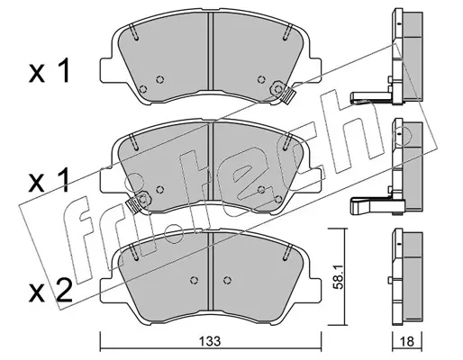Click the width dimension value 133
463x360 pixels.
pyautogui.click(x=211, y=341)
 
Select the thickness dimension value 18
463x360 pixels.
pyautogui.click(x=407, y=341)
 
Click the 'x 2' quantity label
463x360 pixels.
pyautogui.click(x=50, y=291)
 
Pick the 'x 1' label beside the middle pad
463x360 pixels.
pyautogui.click(x=50, y=181)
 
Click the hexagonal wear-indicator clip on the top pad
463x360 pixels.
pyautogui.click(x=278, y=89)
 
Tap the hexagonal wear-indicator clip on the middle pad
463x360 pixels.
pyautogui.click(x=143, y=198)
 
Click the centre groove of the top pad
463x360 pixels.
pyautogui.click(x=210, y=51)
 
